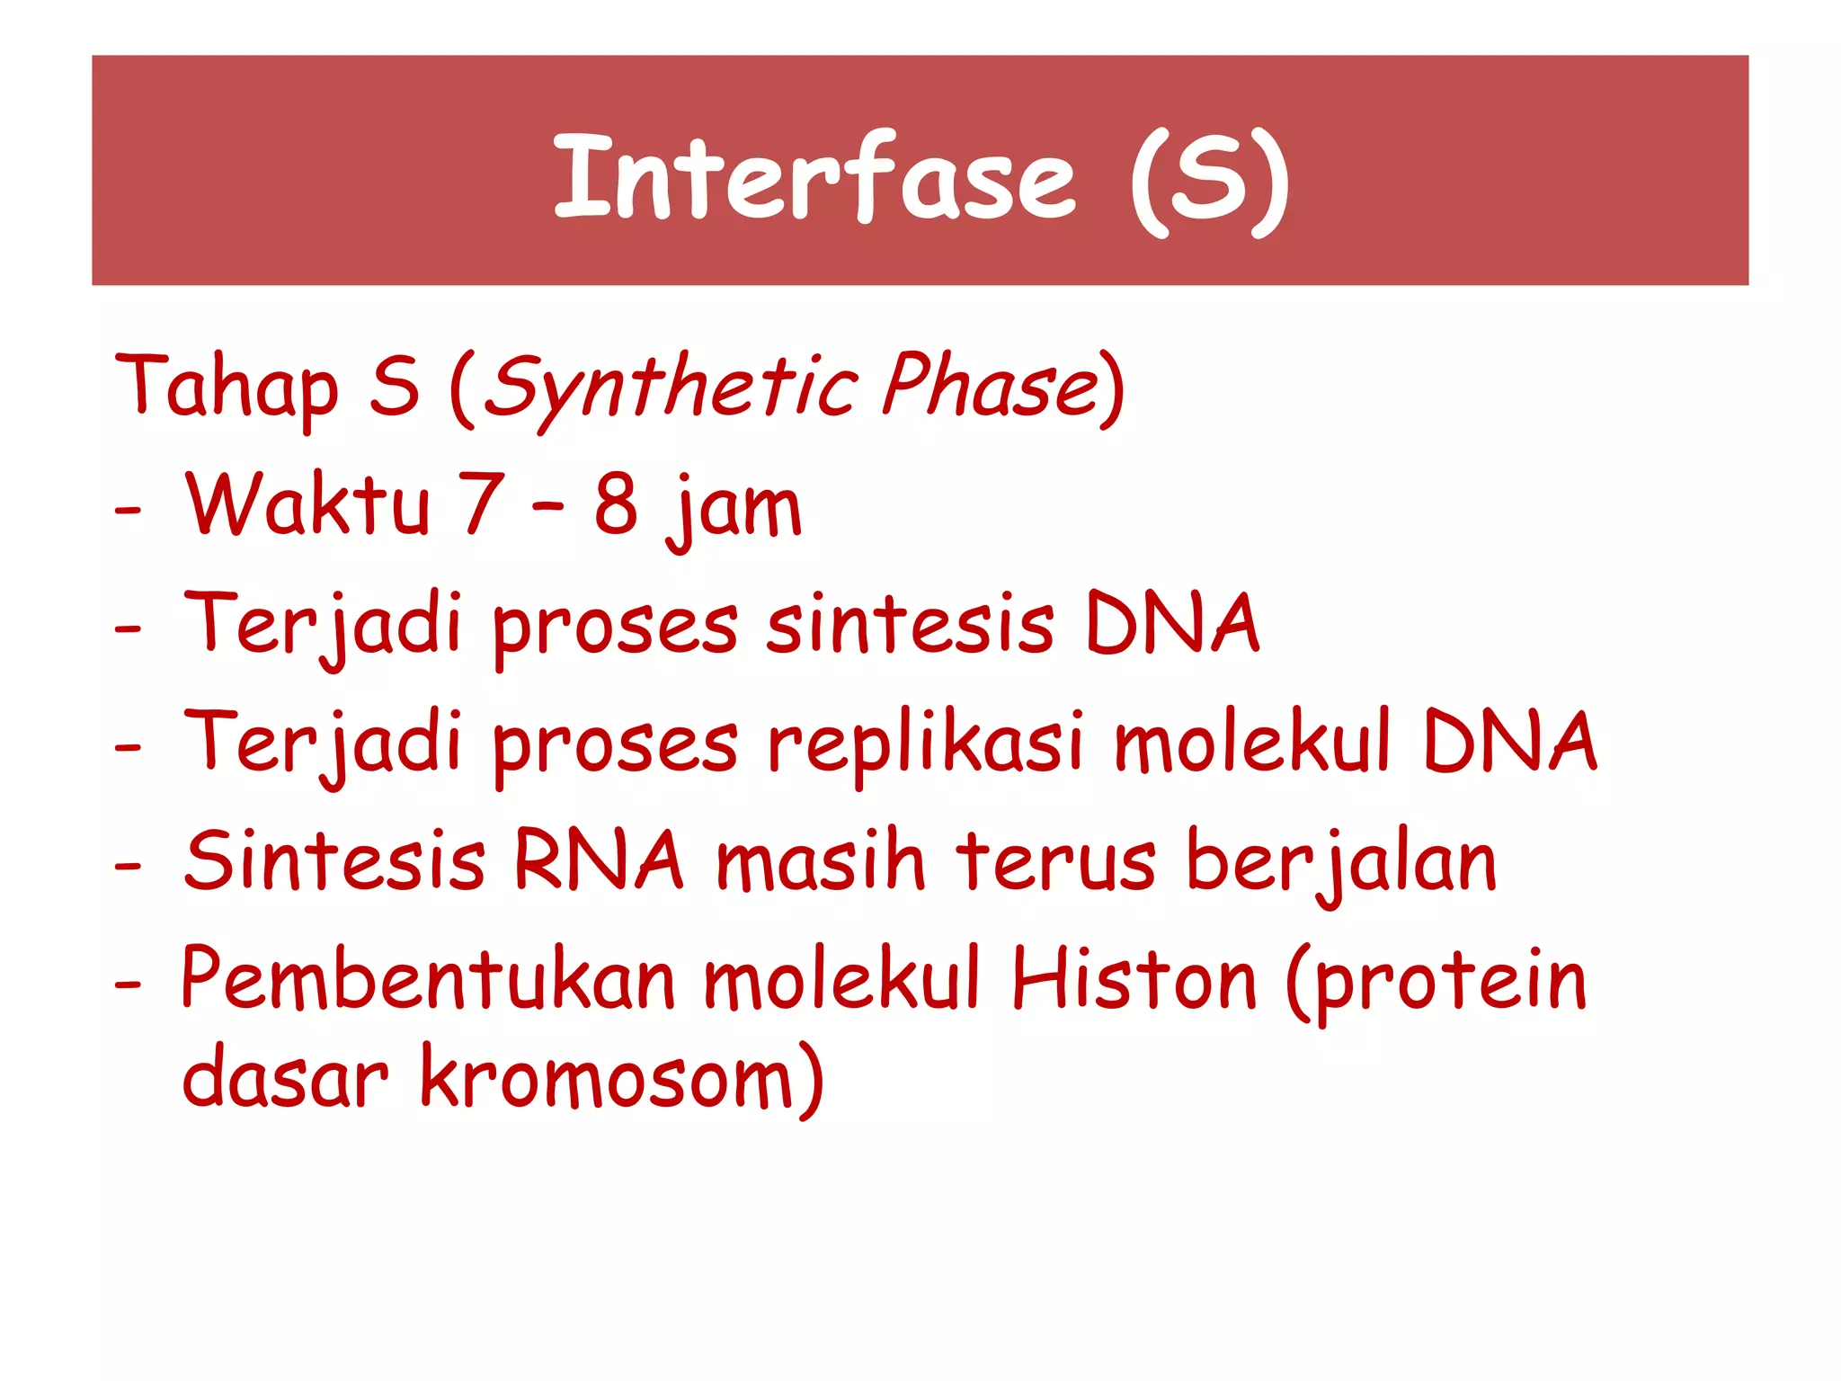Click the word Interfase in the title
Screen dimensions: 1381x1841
coord(814,177)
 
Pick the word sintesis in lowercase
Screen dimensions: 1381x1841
coord(909,624)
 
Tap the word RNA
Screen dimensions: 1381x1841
coord(598,860)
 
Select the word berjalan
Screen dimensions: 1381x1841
coord(1341,863)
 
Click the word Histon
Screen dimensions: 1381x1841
coord(1134,980)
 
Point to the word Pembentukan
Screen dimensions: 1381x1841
coord(428,980)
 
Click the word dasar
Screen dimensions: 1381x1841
coord(285,1079)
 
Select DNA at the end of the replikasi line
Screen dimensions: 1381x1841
coord(1510,742)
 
